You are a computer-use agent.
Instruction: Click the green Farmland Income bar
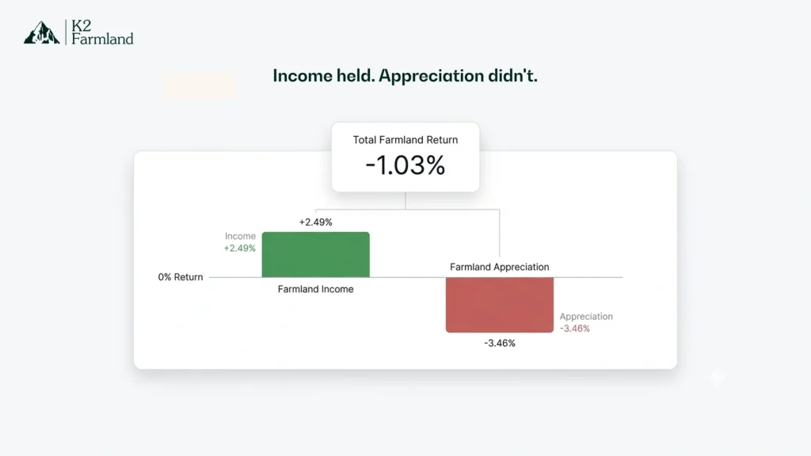pos(315,254)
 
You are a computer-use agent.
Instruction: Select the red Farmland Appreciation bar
pos(499,305)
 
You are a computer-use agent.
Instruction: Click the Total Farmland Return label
pos(405,139)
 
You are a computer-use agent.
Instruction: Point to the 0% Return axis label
pos(181,277)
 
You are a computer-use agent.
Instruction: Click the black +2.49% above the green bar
pos(315,222)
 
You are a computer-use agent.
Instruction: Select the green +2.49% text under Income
pos(240,248)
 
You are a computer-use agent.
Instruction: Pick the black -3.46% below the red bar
pos(500,343)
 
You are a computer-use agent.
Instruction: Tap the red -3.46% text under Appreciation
pos(574,329)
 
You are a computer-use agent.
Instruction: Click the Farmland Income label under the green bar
pos(315,289)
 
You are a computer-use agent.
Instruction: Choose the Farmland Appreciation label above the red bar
pos(499,267)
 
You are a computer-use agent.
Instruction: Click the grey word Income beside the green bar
pos(240,236)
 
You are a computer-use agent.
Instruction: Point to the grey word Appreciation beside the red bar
pos(586,317)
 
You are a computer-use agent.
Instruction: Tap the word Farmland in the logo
pos(102,39)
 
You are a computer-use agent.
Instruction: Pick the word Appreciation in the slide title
pos(431,77)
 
